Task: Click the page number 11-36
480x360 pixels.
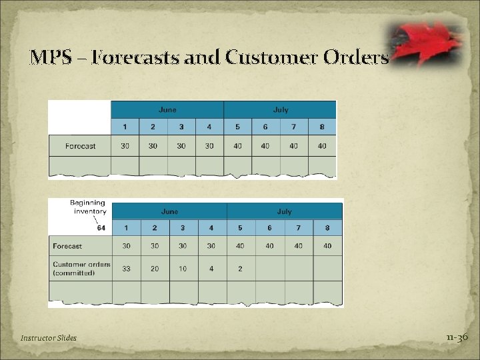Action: [458, 337]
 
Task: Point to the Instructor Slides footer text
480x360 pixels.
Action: [49, 338]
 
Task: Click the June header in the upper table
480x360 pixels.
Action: [167, 109]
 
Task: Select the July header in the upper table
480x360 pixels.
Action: [280, 109]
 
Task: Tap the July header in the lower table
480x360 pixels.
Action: [285, 211]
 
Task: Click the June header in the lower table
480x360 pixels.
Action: [169, 211]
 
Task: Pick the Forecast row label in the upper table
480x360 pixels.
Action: [80, 146]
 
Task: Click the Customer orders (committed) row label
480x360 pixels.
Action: [81, 268]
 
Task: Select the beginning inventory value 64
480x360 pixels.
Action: [101, 228]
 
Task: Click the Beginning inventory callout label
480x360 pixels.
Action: [87, 207]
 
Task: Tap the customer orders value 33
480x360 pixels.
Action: [126, 268]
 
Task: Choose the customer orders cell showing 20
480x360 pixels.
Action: [155, 268]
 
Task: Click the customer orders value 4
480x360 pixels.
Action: [211, 268]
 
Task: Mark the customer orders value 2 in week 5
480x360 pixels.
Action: [240, 268]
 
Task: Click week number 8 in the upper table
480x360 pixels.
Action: [322, 127]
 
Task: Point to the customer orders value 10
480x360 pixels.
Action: [183, 268]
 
